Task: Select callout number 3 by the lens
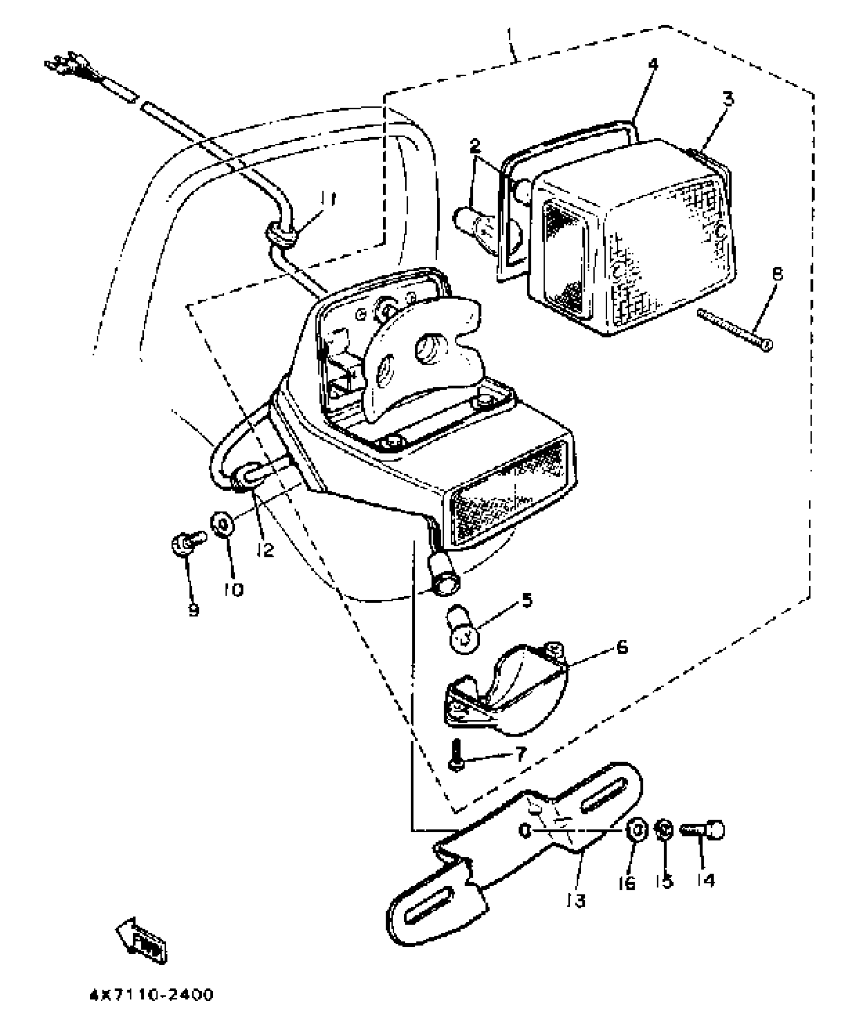point(727,99)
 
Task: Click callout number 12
point(264,550)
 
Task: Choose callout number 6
point(622,647)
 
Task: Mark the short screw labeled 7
point(455,768)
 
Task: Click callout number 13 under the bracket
point(576,900)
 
